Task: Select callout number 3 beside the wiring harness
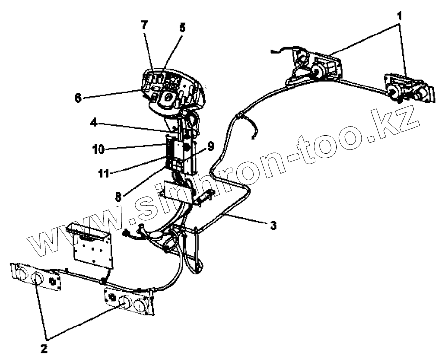pos(274,225)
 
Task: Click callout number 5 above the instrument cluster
pos(182,28)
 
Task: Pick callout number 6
pos(78,97)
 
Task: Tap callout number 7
pos(144,25)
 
